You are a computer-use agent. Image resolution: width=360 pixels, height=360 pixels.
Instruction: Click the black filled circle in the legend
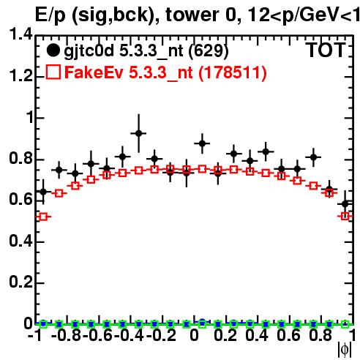tap(53, 50)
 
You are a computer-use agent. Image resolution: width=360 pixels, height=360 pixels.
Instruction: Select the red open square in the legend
tap(53, 72)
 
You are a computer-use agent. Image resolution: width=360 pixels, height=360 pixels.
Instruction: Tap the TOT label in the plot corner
tap(326, 50)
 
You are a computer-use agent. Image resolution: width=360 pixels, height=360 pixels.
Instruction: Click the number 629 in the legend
tap(209, 51)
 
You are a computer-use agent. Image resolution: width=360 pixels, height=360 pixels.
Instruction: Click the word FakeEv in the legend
tap(94, 72)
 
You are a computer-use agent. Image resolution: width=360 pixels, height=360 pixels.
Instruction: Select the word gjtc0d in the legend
tap(89, 51)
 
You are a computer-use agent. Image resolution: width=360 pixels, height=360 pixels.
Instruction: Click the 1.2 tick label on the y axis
tap(20, 76)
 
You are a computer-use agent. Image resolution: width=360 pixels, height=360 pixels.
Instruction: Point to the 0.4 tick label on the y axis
tap(20, 241)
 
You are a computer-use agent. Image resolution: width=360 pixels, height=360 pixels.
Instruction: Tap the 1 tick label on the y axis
tap(30, 118)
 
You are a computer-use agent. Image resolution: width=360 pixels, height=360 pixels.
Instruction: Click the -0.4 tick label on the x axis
tap(129, 335)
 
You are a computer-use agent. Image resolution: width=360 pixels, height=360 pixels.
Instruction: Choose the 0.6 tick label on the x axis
tap(288, 335)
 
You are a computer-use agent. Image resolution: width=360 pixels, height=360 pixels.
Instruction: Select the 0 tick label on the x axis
tap(194, 335)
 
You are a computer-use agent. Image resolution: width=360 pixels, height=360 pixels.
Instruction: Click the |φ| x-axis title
tap(345, 350)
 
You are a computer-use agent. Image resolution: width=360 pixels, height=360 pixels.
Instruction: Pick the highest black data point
tap(138, 133)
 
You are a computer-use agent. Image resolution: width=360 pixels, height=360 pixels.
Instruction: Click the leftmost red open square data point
tap(43, 217)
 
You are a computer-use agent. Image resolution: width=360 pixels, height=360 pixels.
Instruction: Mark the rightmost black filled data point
tap(345, 203)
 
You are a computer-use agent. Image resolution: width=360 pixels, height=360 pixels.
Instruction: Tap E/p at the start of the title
tap(50, 15)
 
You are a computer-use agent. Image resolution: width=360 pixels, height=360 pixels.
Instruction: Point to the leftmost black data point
tap(43, 192)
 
